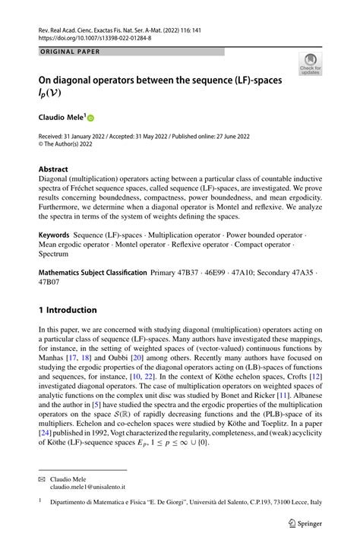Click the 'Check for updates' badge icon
pos(310,65)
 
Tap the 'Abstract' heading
pos(53,169)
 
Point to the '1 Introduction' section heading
pos(68,310)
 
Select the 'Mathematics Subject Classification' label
pos(93,271)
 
